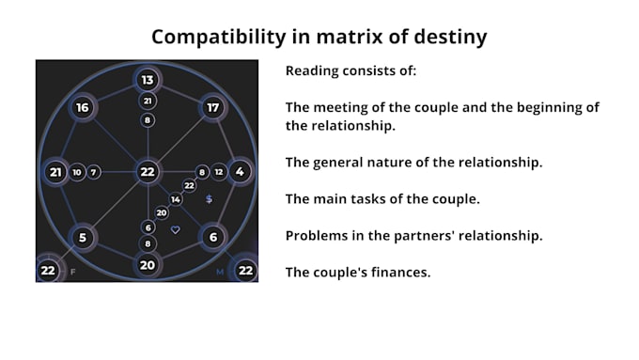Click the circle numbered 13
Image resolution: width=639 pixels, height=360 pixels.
pyautogui.click(x=148, y=79)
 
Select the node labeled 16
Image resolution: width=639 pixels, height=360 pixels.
pyautogui.click(x=83, y=108)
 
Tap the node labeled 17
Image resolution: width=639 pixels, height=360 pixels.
pyautogui.click(x=213, y=108)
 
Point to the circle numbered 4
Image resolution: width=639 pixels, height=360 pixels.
pyautogui.click(x=240, y=172)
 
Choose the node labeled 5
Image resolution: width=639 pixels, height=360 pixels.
pyautogui.click(x=83, y=237)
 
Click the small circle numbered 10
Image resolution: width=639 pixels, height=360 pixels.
pyautogui.click(x=77, y=172)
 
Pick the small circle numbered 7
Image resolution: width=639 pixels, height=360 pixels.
pyautogui.click(x=94, y=172)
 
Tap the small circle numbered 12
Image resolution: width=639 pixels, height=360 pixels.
pyautogui.click(x=218, y=172)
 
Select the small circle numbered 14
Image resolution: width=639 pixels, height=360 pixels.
pyautogui.click(x=176, y=199)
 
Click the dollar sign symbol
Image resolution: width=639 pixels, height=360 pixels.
pyautogui.click(x=209, y=199)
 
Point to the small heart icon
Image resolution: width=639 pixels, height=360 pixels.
pyautogui.click(x=175, y=229)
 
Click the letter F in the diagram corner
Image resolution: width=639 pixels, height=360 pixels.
pyautogui.click(x=71, y=273)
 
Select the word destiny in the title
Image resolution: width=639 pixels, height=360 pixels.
pyautogui.click(x=455, y=38)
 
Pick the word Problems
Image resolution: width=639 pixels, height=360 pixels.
pyautogui.click(x=320, y=235)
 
